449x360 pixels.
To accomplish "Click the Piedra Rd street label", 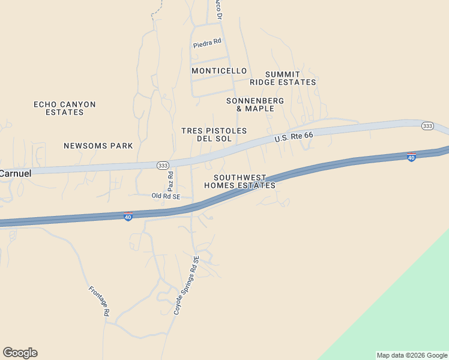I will [207, 44].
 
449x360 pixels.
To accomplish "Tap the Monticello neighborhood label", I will [219, 71].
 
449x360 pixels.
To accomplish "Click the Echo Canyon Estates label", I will [64, 108].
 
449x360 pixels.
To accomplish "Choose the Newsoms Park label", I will [98, 146].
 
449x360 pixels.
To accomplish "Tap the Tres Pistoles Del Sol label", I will [214, 134].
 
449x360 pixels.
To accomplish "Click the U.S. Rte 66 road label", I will [294, 137].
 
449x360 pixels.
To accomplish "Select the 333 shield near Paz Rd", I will [163, 165].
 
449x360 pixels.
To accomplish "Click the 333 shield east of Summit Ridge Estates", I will [427, 125].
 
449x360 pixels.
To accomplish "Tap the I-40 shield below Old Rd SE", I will [128, 217].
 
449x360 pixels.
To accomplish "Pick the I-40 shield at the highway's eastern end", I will [411, 157].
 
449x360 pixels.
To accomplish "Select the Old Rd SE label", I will [166, 196].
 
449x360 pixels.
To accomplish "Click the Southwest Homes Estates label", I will [240, 181].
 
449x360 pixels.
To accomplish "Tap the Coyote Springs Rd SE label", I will [186, 285].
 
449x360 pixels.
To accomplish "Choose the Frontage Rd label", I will [99, 301].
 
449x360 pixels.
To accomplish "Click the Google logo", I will [20, 353].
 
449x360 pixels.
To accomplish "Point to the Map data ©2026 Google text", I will [412, 355].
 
